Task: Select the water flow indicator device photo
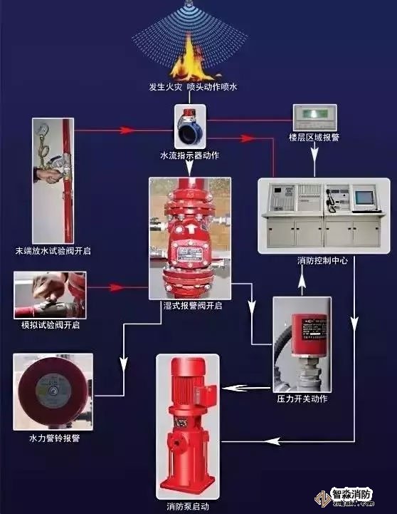point(190,126)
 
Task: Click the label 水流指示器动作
point(189,155)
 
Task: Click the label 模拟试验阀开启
point(50,325)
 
